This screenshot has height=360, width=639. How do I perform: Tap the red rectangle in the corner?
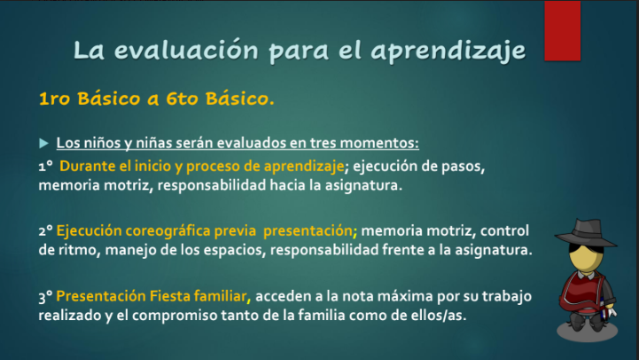point(563,30)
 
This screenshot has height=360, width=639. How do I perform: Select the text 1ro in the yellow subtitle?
point(55,98)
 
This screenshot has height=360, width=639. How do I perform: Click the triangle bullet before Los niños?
point(44,143)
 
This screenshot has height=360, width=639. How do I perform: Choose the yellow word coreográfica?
point(168,231)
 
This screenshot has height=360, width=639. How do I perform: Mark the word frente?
point(402,249)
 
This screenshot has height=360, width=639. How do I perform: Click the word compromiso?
point(174,316)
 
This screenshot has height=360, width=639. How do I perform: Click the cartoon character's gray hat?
point(586,233)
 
